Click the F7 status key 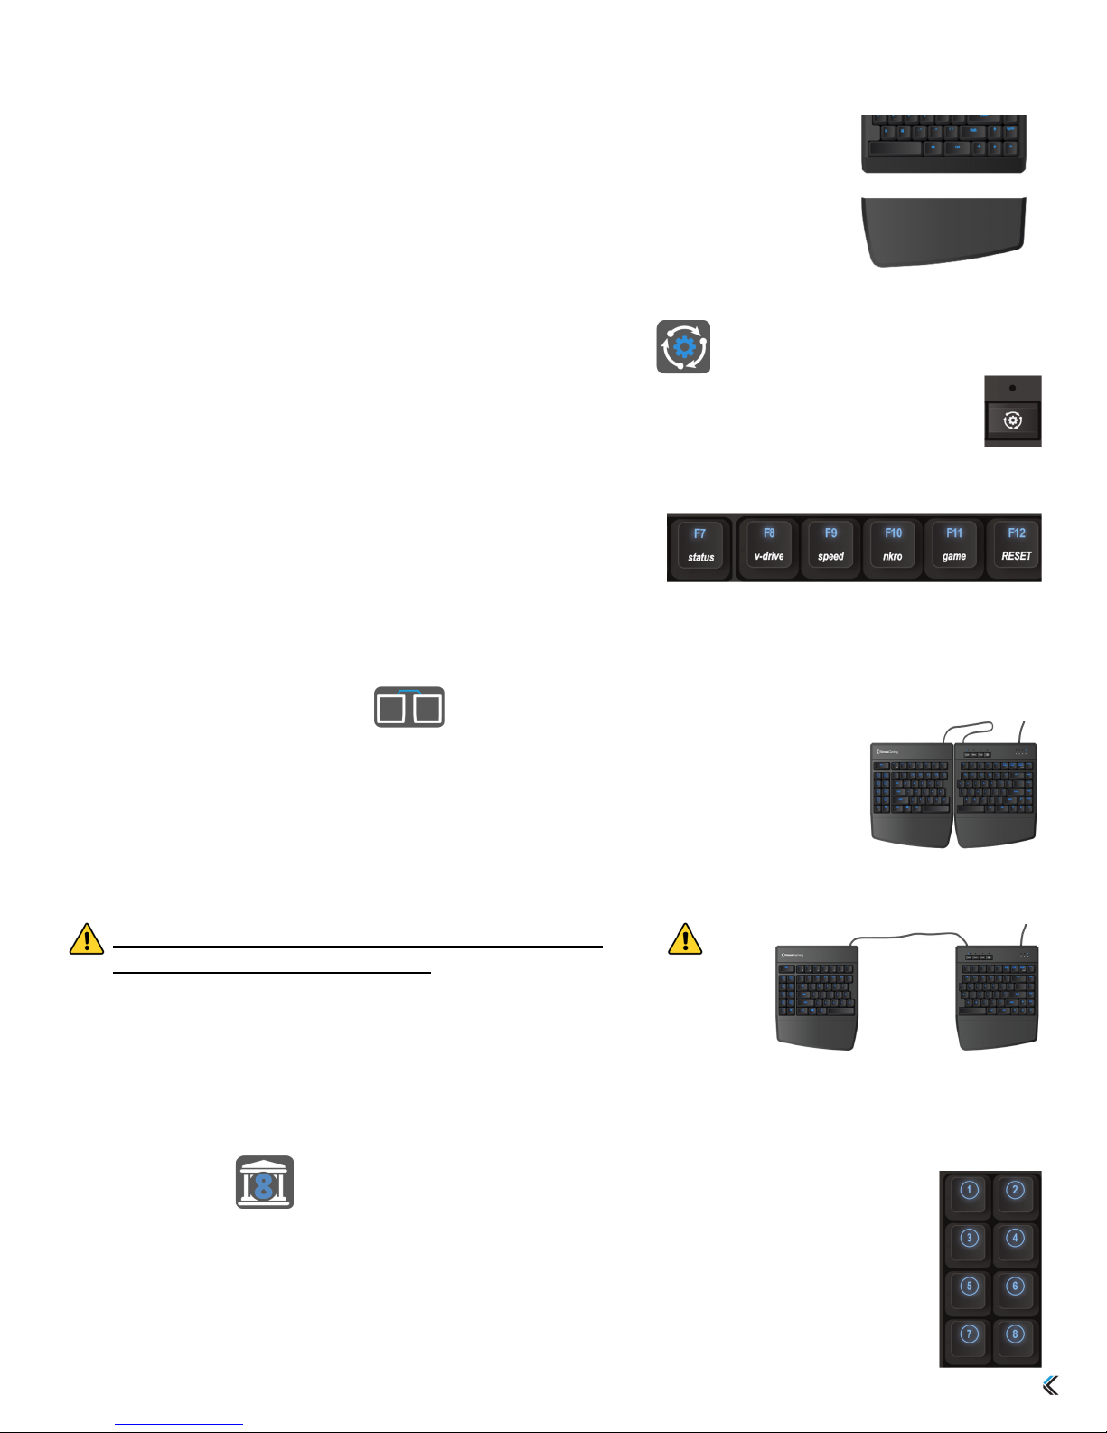tap(700, 546)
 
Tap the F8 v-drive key tap(769, 544)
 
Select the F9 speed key tap(830, 544)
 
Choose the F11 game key tap(954, 544)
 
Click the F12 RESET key tap(1016, 544)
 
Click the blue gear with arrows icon tap(683, 347)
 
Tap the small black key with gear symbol tap(1013, 420)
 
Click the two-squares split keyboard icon tap(409, 707)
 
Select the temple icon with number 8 tap(265, 1183)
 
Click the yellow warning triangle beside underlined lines tap(87, 939)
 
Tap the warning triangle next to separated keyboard tap(685, 939)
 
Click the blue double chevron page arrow tap(1050, 1385)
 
